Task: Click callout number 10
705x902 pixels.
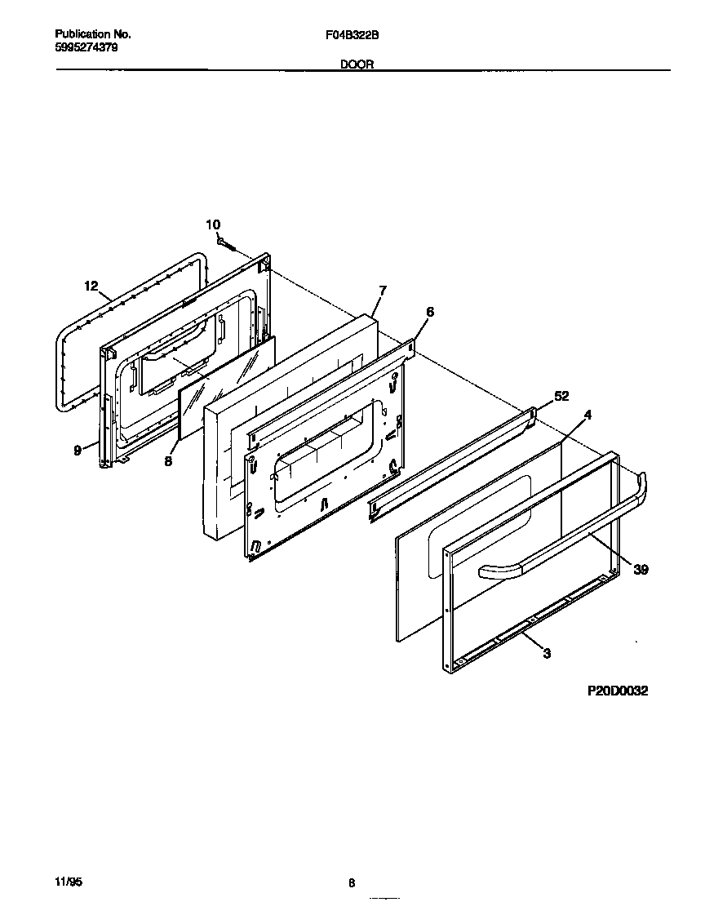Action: coord(212,224)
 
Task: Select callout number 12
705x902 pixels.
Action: coord(91,286)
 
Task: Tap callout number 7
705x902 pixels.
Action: coord(383,291)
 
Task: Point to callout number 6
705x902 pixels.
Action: coord(430,312)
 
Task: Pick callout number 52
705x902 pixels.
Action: coord(561,396)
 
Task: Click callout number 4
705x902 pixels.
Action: coord(587,415)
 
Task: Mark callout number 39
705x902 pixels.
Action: coord(641,570)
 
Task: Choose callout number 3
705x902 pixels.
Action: coord(546,652)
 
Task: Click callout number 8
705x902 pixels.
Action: coord(168,460)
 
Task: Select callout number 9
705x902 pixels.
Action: coord(78,450)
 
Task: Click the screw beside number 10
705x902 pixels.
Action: coord(228,243)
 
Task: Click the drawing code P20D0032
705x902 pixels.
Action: coord(618,691)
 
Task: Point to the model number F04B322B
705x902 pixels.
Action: coord(352,35)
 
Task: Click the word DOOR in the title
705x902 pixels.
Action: coord(357,64)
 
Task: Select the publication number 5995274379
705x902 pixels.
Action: coord(86,47)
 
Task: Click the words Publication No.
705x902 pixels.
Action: coord(92,35)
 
